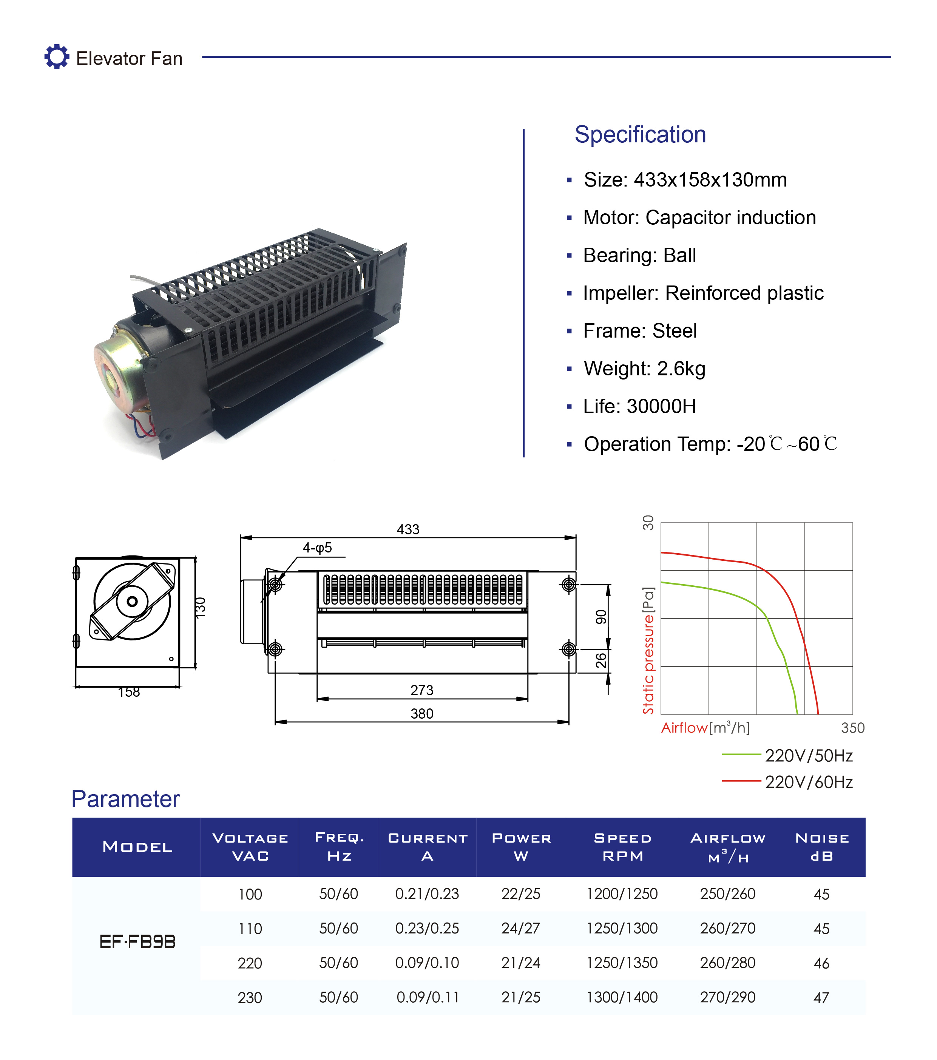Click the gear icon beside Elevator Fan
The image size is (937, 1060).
click(x=57, y=57)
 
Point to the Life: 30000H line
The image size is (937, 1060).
click(x=639, y=407)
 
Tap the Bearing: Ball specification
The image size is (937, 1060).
click(x=639, y=256)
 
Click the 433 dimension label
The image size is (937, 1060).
click(x=408, y=529)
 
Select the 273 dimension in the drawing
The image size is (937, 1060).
click(x=421, y=690)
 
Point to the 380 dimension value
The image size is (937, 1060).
click(x=421, y=714)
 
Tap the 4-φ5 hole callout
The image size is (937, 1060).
click(x=317, y=548)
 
